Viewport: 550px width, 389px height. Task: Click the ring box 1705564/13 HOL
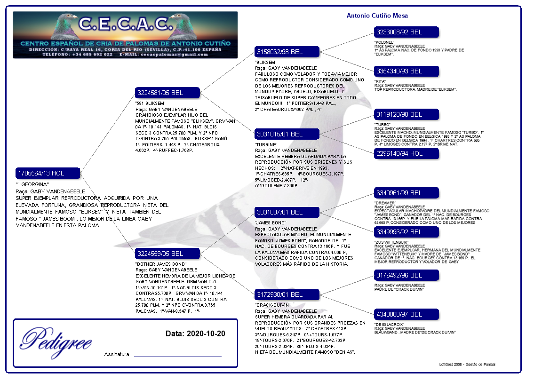pos(48,173)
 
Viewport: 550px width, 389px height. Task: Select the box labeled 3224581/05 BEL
pos(167,93)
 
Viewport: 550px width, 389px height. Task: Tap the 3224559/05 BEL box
pos(167,254)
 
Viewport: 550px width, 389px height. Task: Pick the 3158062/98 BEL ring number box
pos(287,52)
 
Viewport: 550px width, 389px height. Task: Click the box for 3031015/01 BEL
pos(287,134)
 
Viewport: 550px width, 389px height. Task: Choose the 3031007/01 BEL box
pos(287,212)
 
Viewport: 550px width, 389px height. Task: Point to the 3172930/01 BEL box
pos(287,294)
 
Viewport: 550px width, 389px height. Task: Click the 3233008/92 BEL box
pos(406,32)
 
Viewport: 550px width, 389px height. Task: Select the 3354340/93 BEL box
pos(406,71)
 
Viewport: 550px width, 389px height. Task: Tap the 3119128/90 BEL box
pos(406,114)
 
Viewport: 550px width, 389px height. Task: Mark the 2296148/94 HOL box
pos(406,153)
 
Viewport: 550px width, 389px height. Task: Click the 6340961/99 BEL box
pos(406,193)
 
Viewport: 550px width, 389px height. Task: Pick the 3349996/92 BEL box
pos(406,232)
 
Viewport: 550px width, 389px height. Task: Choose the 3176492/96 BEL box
pos(406,275)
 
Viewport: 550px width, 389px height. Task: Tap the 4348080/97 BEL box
pos(406,314)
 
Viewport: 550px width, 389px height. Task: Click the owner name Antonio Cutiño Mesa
pos(377,16)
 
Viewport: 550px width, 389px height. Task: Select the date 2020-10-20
pos(195,333)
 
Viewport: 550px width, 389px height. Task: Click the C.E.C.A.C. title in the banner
pos(124,24)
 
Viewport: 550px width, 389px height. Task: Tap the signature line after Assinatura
pos(177,356)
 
